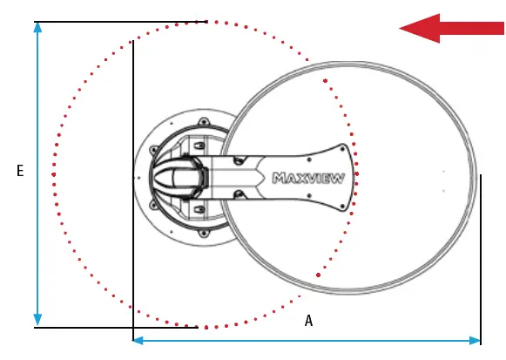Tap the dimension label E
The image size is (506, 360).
[19, 172]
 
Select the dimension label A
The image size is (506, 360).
[308, 321]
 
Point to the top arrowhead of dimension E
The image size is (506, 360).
[37, 27]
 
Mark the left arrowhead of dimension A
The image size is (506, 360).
[138, 340]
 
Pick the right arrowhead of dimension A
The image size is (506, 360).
[476, 340]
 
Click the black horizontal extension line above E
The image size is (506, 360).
[122, 22]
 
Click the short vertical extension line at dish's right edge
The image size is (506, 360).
[481, 253]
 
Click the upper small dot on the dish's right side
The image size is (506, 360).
[443, 171]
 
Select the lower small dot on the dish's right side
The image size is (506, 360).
[443, 190]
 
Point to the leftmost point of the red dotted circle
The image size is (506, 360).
[53, 174]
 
